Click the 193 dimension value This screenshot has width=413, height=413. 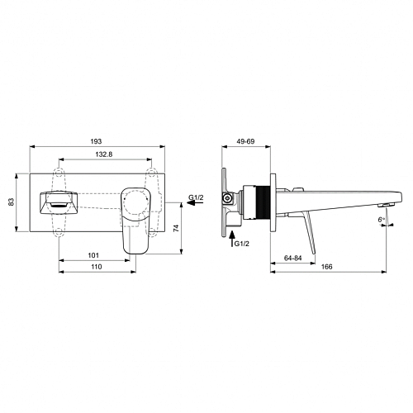[96, 141]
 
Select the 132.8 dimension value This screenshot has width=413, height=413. [104, 154]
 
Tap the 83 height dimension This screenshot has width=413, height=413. [12, 202]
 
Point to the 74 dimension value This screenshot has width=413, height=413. [176, 228]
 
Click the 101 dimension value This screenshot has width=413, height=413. [93, 255]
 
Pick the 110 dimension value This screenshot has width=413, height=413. [96, 267]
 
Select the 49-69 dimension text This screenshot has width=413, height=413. [245, 141]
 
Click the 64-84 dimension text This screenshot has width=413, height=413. [293, 258]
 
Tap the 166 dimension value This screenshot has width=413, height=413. [327, 267]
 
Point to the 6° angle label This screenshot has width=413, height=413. [381, 220]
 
